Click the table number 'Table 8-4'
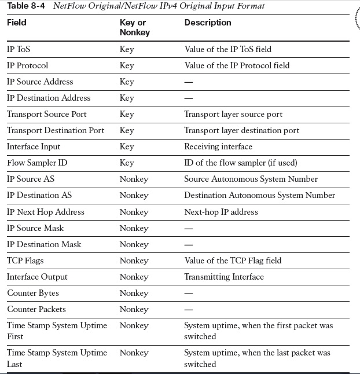(26, 6)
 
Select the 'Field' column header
(17, 23)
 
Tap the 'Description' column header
(207, 23)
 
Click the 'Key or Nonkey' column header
(134, 27)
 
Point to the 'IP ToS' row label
(20, 49)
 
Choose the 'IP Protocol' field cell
(28, 65)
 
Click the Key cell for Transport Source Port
(127, 114)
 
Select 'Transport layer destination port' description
(241, 130)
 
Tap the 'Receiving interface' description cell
(218, 146)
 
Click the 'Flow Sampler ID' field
(37, 163)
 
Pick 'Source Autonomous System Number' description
(251, 179)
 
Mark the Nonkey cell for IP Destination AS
(134, 195)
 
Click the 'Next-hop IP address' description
(221, 212)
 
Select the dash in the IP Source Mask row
(189, 228)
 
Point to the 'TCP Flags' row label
(25, 261)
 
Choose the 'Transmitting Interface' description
(224, 277)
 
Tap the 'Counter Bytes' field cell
(33, 293)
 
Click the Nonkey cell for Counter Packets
(134, 309)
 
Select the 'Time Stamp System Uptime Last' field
(57, 358)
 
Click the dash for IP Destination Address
(189, 98)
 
